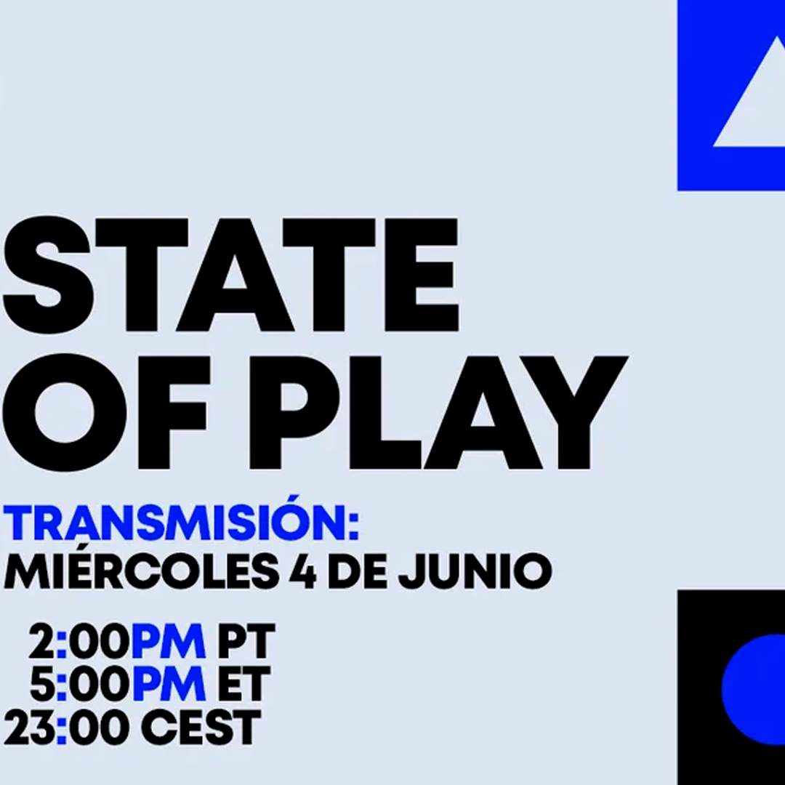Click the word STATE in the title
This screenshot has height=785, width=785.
coord(231,275)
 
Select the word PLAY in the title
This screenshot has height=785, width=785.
coord(438,413)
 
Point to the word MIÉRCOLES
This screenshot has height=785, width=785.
coord(141,571)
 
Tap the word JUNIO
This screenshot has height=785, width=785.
coord(475,572)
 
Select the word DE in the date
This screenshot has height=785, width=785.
coord(358,572)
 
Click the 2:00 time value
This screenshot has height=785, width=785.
coord(78,641)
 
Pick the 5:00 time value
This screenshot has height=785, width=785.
coord(78,684)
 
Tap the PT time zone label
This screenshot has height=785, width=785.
coord(246,641)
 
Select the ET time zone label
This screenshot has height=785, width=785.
coord(243,684)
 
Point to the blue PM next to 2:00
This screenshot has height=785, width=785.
coord(168,641)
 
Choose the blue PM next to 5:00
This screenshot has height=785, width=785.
coord(168,684)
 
